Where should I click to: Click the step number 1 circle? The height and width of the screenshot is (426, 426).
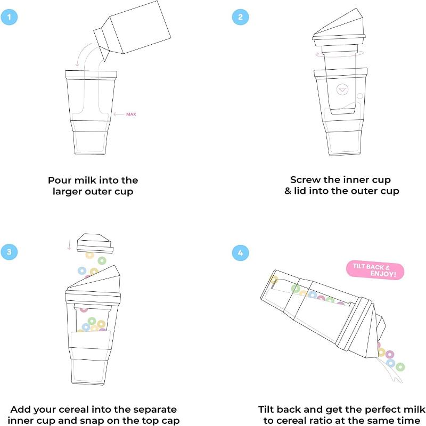tap(10, 17)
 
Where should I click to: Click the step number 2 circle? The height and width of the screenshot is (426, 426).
tap(240, 17)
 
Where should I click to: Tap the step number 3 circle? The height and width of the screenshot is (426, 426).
tap(10, 252)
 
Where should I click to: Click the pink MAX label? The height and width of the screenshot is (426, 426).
tap(130, 114)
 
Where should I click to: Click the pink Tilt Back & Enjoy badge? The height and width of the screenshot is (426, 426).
tap(375, 270)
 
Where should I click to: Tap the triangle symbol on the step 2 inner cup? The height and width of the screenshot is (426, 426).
tap(342, 89)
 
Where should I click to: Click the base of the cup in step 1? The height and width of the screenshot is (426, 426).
tap(91, 143)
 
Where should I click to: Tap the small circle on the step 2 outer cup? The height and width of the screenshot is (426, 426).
tap(360, 96)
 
